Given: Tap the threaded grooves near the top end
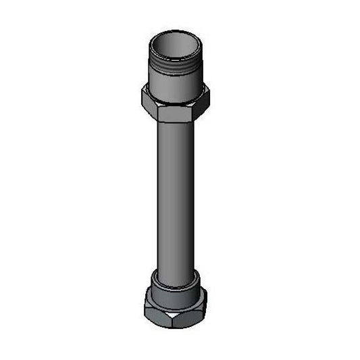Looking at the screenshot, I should click(176, 63).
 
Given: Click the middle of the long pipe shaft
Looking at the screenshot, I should click(176, 196).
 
